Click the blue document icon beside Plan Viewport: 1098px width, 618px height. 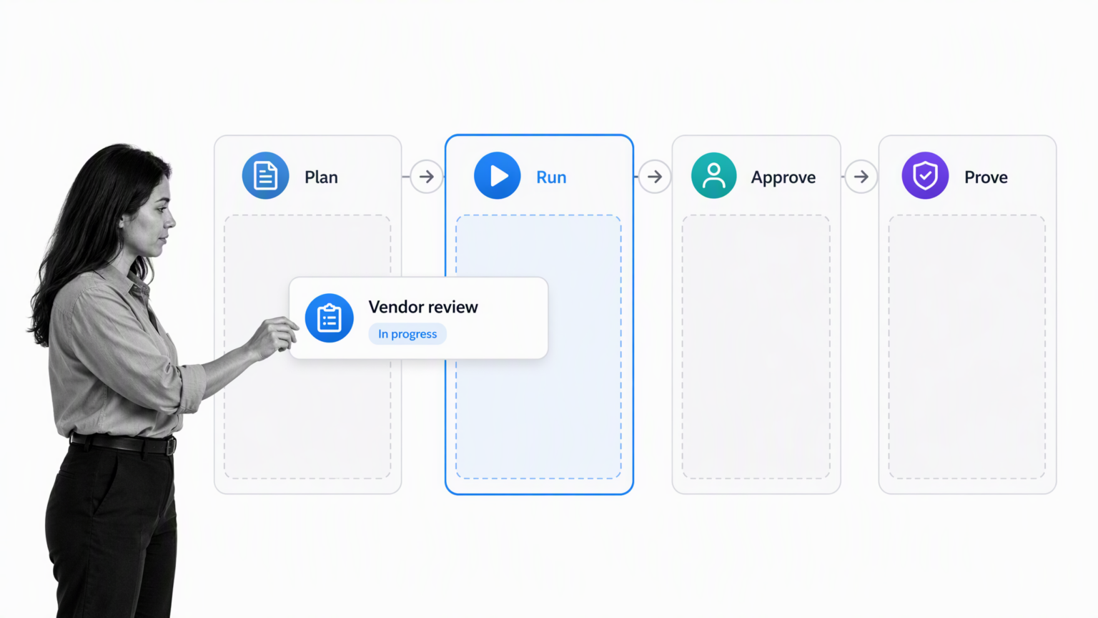tap(265, 175)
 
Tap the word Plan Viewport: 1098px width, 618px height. tap(321, 177)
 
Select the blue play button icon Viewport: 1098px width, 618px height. tap(497, 175)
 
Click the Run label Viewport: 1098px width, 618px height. tap(551, 177)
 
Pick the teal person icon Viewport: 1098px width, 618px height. tap(713, 175)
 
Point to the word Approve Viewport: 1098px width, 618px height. tap(783, 177)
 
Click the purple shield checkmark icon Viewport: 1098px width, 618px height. tap(925, 175)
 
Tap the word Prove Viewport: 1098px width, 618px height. tap(986, 177)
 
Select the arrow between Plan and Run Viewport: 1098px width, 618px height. tap(427, 177)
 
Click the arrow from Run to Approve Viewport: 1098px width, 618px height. tap(654, 177)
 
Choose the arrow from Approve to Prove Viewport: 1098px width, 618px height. tap(861, 177)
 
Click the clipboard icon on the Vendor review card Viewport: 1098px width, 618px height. tap(329, 318)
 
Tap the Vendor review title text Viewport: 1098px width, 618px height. tap(423, 307)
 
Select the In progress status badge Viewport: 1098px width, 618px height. tap(407, 334)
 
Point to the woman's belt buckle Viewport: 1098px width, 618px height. tap(171, 446)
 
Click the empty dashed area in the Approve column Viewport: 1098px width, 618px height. tap(756, 347)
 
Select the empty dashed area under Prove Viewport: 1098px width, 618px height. tap(966, 347)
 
